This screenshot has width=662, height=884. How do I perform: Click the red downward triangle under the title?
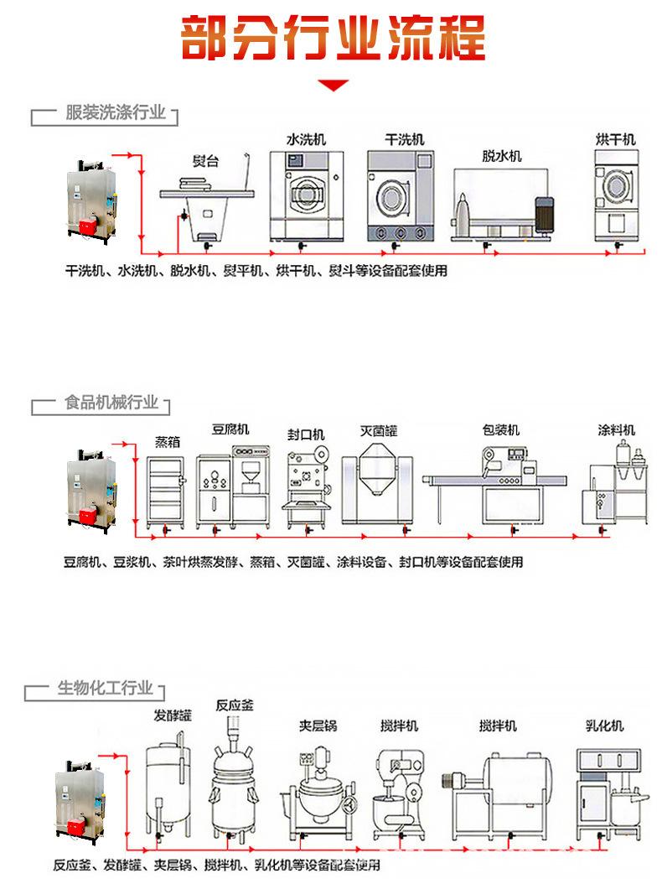click(334, 85)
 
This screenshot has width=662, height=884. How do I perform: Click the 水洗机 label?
click(305, 138)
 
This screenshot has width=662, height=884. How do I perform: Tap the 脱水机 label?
click(501, 156)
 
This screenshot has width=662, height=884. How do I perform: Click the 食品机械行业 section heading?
click(111, 403)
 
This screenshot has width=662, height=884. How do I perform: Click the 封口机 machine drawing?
click(305, 486)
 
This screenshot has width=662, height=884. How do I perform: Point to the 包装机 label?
click(500, 430)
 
